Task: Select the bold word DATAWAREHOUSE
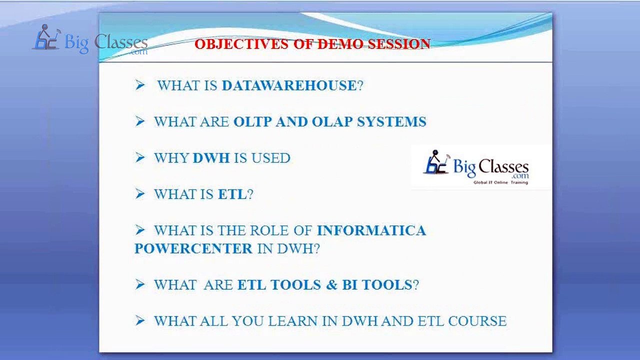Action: click(x=289, y=85)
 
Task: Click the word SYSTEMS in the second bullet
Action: click(x=391, y=122)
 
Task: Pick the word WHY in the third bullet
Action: click(x=171, y=158)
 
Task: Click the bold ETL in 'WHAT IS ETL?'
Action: click(x=232, y=194)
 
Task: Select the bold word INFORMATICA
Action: click(x=371, y=230)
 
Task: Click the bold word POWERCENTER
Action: click(x=193, y=248)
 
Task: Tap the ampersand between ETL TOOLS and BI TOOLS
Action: click(x=332, y=285)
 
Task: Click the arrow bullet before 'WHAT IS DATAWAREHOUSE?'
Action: click(x=139, y=85)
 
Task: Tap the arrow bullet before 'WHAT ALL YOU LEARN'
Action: click(x=139, y=320)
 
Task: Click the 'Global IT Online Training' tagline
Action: click(x=500, y=182)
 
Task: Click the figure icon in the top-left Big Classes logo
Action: click(x=46, y=38)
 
